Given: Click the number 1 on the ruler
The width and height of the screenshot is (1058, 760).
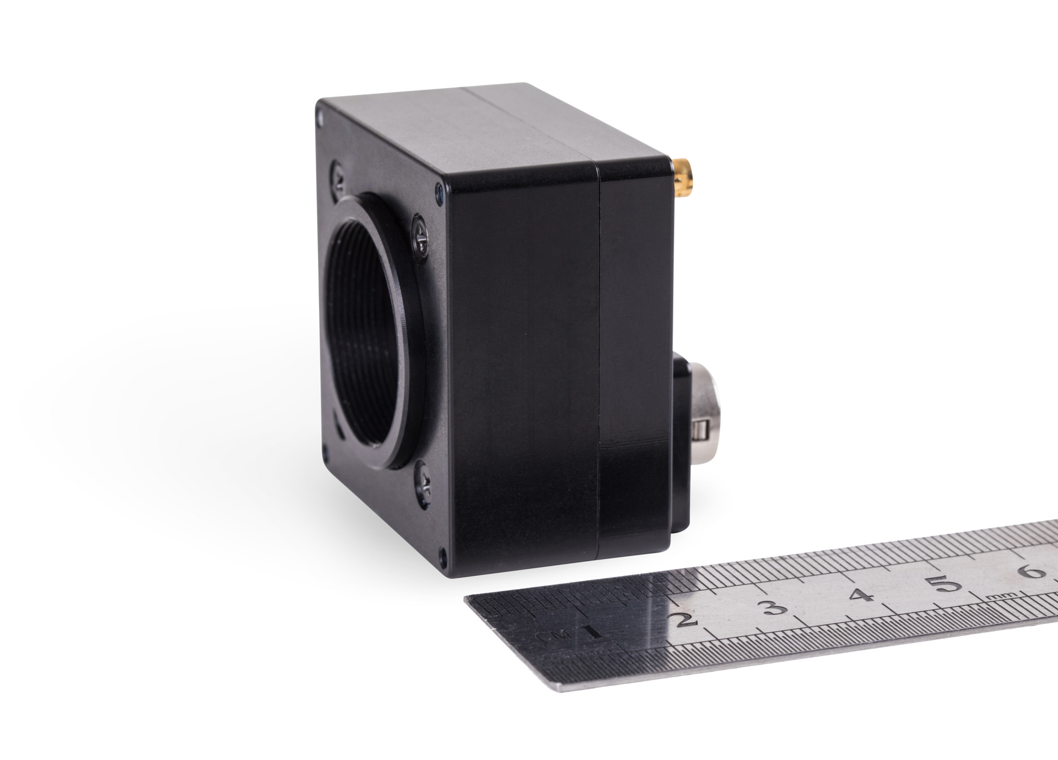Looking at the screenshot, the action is (593, 631).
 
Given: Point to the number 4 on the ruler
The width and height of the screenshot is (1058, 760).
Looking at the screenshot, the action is (862, 595).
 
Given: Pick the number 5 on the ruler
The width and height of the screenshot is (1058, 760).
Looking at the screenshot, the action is (946, 584).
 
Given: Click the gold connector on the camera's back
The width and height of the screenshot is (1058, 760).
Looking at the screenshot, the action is (683, 178).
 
